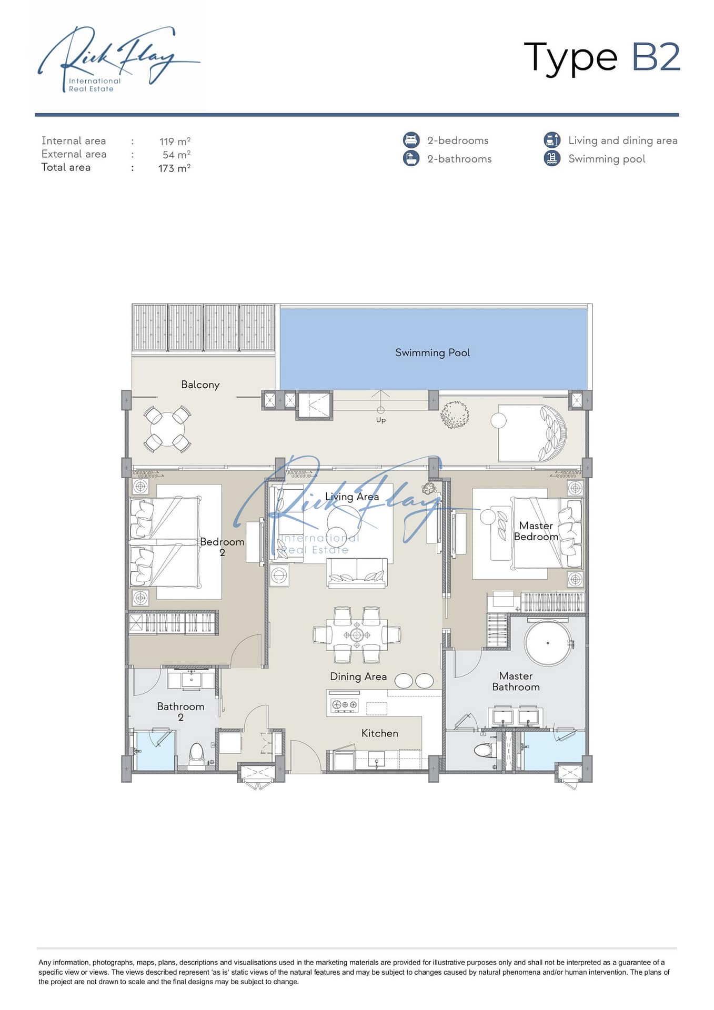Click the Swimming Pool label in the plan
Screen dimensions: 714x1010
(x=433, y=353)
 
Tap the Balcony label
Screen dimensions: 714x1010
(x=200, y=385)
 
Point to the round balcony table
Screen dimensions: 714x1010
(x=167, y=429)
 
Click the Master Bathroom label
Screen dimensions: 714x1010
(x=516, y=681)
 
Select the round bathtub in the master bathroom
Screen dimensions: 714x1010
(x=547, y=643)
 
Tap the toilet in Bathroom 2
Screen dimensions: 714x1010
(x=196, y=755)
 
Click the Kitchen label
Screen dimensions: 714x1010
(x=379, y=733)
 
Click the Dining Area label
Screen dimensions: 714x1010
(x=358, y=676)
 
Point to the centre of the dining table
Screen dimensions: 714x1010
(x=357, y=635)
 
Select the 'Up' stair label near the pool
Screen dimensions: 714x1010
(x=381, y=420)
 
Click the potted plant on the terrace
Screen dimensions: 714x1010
(x=455, y=415)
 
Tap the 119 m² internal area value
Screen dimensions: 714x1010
(x=175, y=141)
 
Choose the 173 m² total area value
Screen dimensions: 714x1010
(x=174, y=168)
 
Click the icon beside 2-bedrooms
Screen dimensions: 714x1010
(x=411, y=140)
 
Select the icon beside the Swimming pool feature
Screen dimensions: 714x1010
(x=552, y=158)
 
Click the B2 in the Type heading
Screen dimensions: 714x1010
(x=656, y=57)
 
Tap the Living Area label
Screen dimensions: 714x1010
(x=352, y=497)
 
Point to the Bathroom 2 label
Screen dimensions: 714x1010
(x=180, y=712)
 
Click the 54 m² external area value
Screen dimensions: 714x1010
(x=176, y=155)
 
